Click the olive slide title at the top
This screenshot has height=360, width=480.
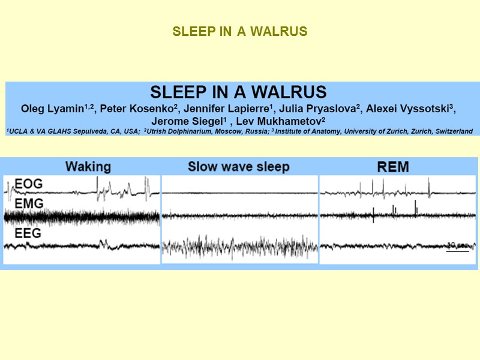pos(240,32)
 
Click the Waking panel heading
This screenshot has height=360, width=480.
pos(88,166)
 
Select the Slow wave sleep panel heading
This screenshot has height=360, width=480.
pos(238,166)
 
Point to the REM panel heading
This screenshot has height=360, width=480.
pos(392,166)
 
